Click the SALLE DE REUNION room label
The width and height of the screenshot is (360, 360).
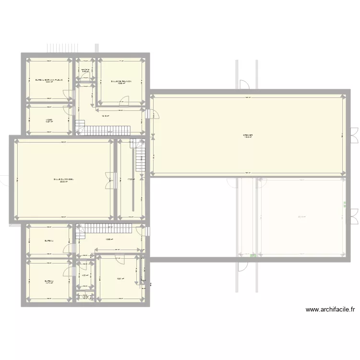point(121,82)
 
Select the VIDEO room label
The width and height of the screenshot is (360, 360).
point(49,120)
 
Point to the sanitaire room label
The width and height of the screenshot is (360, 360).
point(85,71)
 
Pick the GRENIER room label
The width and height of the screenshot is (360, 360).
point(248,136)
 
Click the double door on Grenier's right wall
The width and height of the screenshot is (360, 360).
point(354,132)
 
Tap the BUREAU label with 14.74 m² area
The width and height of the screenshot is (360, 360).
point(49,282)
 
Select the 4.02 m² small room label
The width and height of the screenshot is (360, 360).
point(84,276)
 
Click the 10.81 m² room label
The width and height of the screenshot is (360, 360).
point(120,278)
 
